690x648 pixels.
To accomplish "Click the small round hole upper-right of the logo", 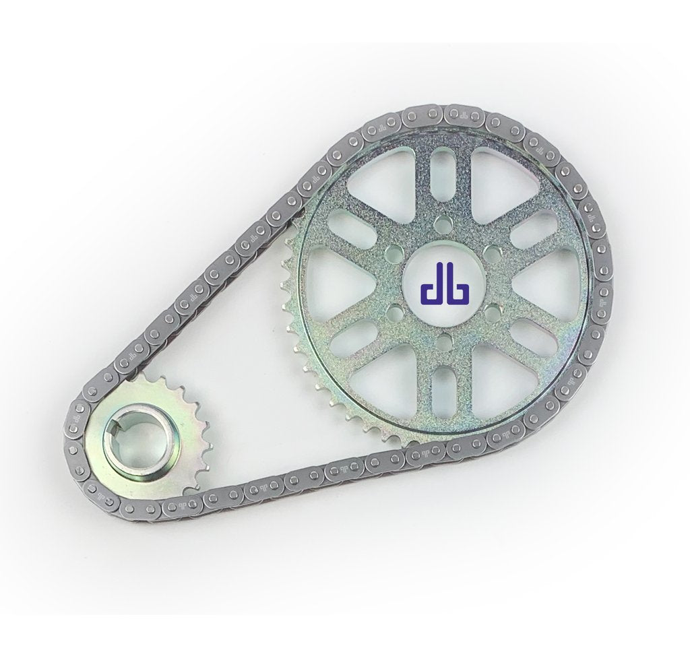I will (493, 255).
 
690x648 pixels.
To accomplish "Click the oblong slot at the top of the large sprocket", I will (443, 168).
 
